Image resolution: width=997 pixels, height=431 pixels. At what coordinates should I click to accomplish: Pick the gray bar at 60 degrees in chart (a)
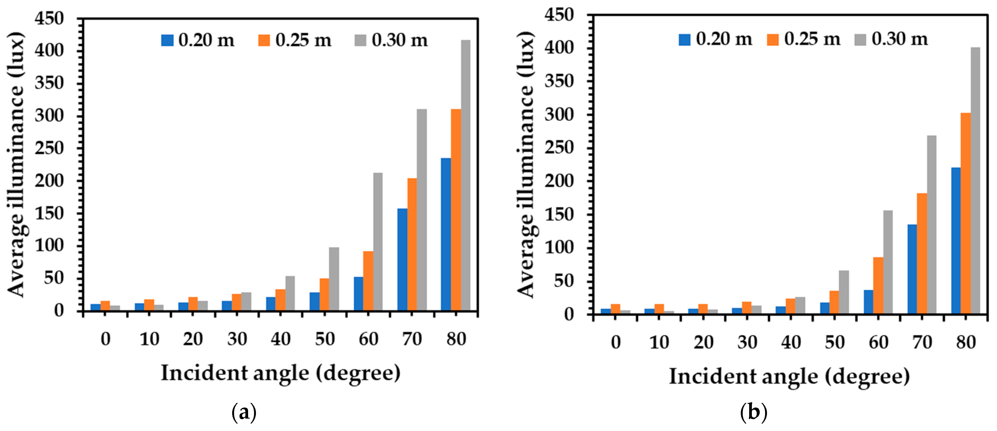(378, 242)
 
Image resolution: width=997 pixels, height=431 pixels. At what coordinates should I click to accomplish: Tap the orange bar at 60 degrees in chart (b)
(878, 285)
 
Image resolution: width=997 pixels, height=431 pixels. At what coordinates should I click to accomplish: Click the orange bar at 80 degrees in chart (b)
(966, 213)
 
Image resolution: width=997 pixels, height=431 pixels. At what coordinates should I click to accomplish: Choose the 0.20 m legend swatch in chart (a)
(167, 40)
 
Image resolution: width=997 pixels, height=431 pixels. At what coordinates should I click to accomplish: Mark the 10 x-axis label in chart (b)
(659, 342)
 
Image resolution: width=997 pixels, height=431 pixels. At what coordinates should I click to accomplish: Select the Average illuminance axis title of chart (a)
(16, 164)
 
